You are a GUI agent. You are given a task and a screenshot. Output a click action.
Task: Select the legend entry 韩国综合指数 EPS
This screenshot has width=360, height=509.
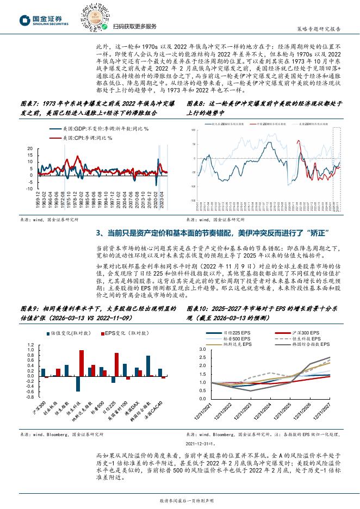tap(305, 344)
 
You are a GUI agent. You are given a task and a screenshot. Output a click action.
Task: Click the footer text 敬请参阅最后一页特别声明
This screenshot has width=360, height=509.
tap(180, 500)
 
